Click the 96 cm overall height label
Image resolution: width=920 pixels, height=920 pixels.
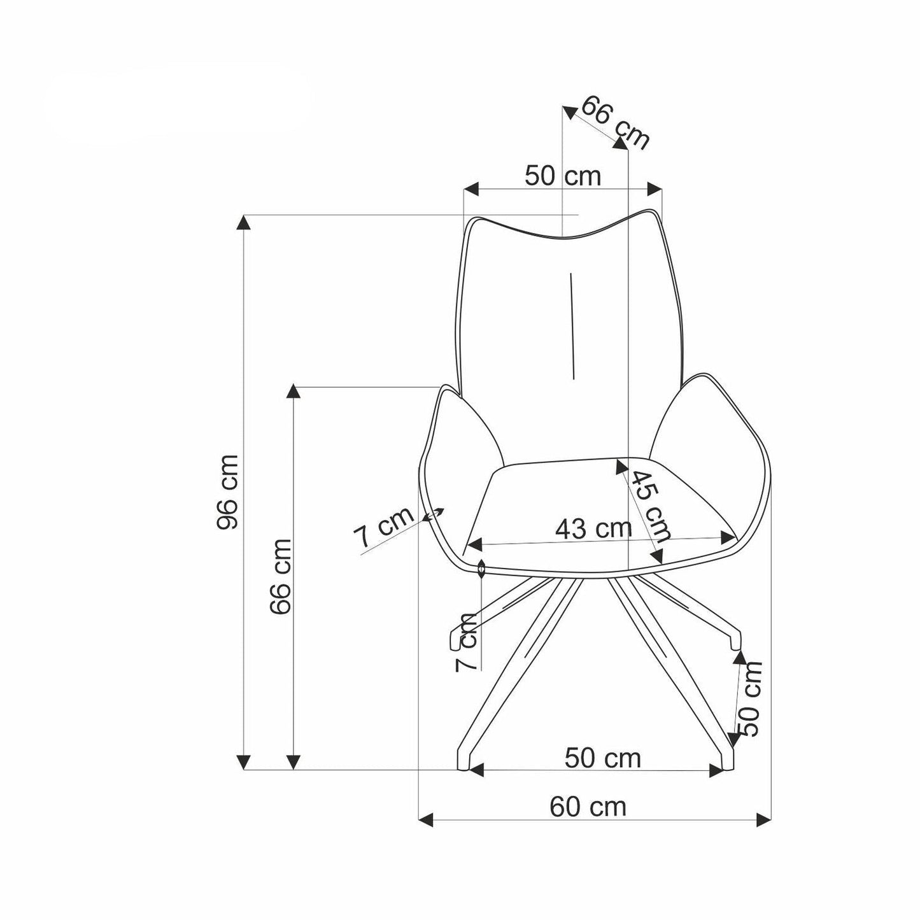[x=227, y=492]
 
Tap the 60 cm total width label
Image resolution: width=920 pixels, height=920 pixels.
[x=587, y=807]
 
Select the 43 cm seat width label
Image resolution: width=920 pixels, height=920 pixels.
[x=593, y=528]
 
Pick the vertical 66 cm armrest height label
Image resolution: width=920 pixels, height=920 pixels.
[x=280, y=576]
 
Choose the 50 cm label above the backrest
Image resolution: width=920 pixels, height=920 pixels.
[x=563, y=176]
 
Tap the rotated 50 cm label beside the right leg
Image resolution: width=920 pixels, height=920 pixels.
[x=749, y=698]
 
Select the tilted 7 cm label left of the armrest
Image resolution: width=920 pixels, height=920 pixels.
[x=383, y=527]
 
